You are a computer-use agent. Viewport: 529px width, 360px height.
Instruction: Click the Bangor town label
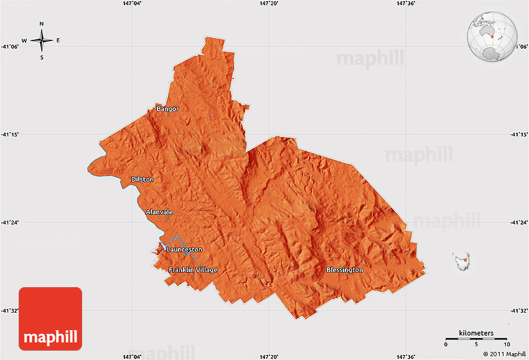click(167, 109)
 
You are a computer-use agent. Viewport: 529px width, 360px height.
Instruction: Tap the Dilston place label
click(142, 179)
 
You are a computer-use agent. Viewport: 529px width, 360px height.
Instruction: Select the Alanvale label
click(159, 212)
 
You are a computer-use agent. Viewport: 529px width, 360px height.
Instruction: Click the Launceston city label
click(184, 250)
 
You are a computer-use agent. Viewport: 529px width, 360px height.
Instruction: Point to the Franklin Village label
click(193, 270)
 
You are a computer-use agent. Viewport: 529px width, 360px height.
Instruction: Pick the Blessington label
click(344, 270)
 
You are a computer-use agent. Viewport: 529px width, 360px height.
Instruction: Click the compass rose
click(41, 40)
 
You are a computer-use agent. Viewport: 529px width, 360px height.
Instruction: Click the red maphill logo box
click(50, 318)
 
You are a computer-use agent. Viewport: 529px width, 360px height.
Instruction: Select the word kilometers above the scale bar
click(476, 333)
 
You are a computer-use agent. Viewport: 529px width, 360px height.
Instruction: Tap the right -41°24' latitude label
click(518, 222)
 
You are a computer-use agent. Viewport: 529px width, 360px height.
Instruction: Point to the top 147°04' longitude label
click(132, 4)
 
